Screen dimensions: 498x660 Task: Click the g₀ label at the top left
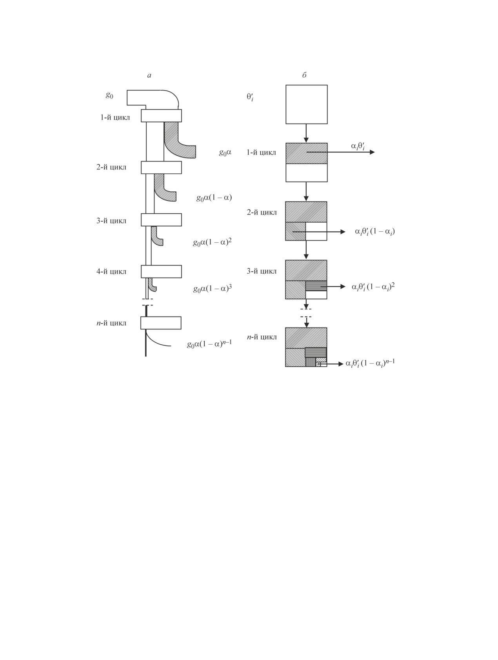tap(109, 95)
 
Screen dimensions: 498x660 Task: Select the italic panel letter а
tap(149, 75)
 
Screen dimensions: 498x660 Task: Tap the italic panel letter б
tap(304, 75)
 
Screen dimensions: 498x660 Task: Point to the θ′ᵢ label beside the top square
tap(250, 97)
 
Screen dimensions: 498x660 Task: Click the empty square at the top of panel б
tap(307, 104)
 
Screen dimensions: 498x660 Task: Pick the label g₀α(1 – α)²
tap(212, 242)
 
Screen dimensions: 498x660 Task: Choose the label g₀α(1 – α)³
tap(213, 289)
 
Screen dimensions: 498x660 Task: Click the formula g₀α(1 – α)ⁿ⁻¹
tap(209, 344)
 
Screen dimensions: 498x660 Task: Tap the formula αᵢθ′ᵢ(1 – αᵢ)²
tap(373, 287)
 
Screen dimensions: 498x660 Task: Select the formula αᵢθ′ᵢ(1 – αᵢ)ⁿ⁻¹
tap(370, 364)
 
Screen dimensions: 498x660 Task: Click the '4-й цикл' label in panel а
tap(111, 271)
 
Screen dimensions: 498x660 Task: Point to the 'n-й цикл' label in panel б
tap(262, 337)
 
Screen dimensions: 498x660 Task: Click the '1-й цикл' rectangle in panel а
tap(161, 116)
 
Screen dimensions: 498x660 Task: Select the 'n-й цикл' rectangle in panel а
tap(161, 323)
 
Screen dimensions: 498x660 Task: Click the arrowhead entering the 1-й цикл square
tap(306, 140)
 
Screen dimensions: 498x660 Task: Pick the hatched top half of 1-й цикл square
tap(307, 153)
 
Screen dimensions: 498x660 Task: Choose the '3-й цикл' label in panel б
tap(262, 271)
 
